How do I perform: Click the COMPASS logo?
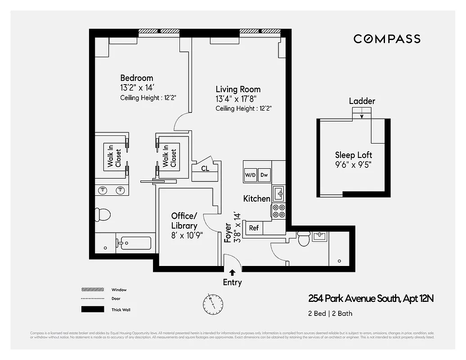point(387,39)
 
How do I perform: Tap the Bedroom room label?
point(136,78)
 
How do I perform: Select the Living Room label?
point(238,89)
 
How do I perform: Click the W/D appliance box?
point(250,175)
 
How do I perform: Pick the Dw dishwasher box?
point(264,175)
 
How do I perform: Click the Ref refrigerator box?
point(254,228)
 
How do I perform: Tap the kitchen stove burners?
point(279,211)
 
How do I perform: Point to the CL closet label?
point(205,169)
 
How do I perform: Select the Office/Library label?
point(184,221)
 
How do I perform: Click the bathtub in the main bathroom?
point(134,243)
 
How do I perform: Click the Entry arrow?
point(232,272)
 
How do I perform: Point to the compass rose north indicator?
point(213,304)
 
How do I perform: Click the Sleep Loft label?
point(353,155)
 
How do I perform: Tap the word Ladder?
point(362,101)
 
